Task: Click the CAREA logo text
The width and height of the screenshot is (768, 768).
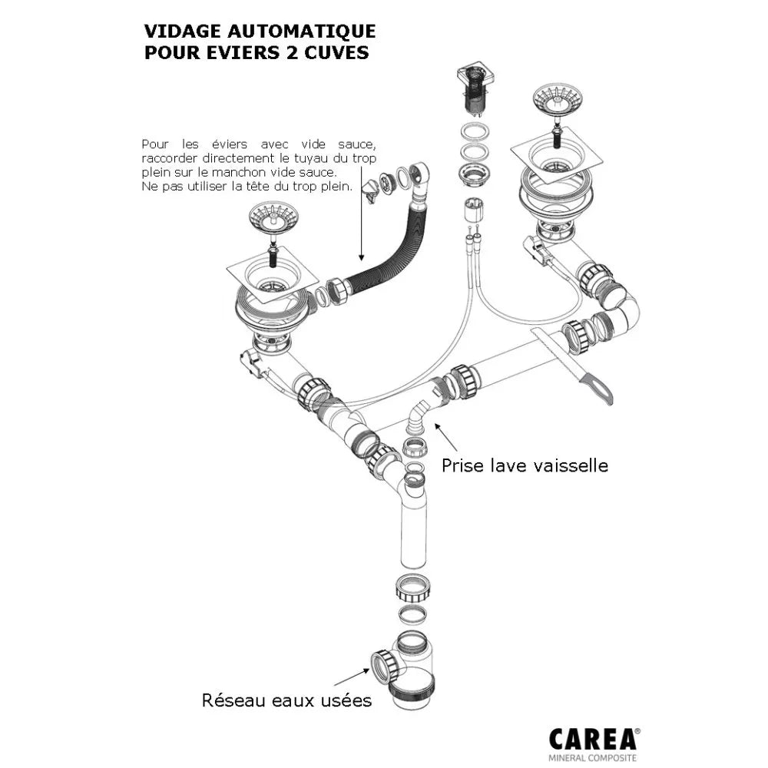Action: click(x=593, y=739)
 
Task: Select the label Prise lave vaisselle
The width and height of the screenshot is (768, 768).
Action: click(x=525, y=465)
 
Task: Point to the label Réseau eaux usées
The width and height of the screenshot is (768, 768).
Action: click(x=286, y=700)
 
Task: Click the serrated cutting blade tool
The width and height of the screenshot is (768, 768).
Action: click(x=572, y=361)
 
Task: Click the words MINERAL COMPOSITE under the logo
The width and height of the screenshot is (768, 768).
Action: click(x=593, y=759)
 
